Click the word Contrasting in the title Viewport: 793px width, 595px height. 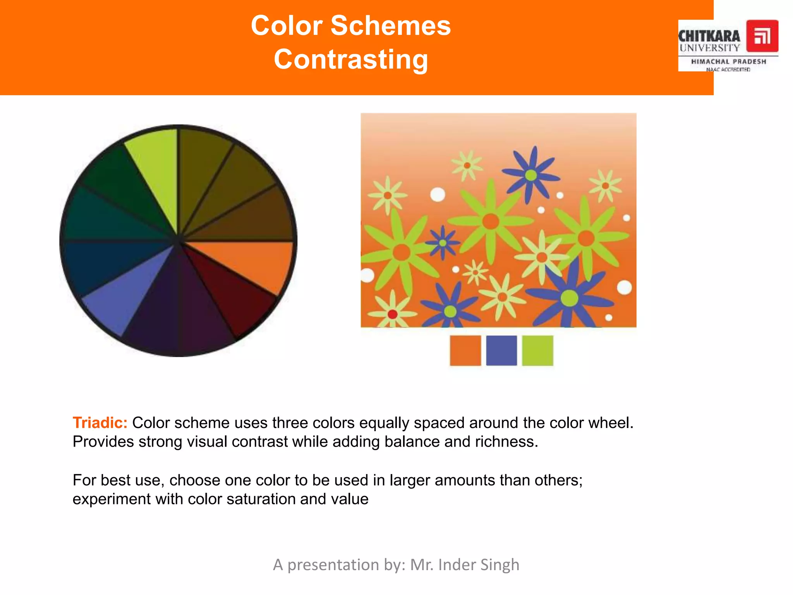point(351,59)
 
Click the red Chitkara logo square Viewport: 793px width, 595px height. point(762,36)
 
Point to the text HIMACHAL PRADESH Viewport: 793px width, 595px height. point(728,62)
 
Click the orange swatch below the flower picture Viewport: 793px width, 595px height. point(465,350)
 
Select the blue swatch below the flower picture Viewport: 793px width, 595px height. point(501,350)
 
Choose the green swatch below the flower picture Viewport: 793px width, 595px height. point(537,350)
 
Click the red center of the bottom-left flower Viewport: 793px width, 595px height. point(392,314)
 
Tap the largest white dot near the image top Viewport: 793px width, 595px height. point(438,194)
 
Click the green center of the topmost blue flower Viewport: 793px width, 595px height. point(531,175)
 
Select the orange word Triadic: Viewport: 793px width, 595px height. point(100,423)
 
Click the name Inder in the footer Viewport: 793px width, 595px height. point(457,565)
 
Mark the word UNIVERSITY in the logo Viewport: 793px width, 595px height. point(709,48)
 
